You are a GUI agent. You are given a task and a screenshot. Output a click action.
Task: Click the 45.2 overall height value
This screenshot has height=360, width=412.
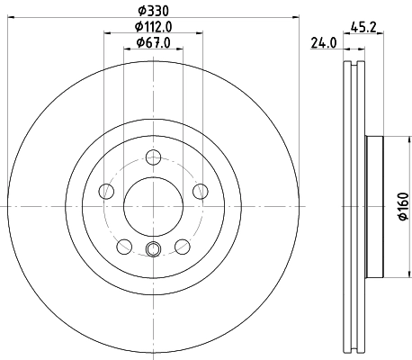click(364, 26)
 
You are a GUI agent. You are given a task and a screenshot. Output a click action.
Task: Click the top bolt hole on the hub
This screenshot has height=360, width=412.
click(151, 160)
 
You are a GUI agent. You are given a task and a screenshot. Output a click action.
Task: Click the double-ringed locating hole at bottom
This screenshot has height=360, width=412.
click(151, 249)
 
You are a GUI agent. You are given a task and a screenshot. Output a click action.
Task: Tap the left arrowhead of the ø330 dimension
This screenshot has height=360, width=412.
click(8, 18)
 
